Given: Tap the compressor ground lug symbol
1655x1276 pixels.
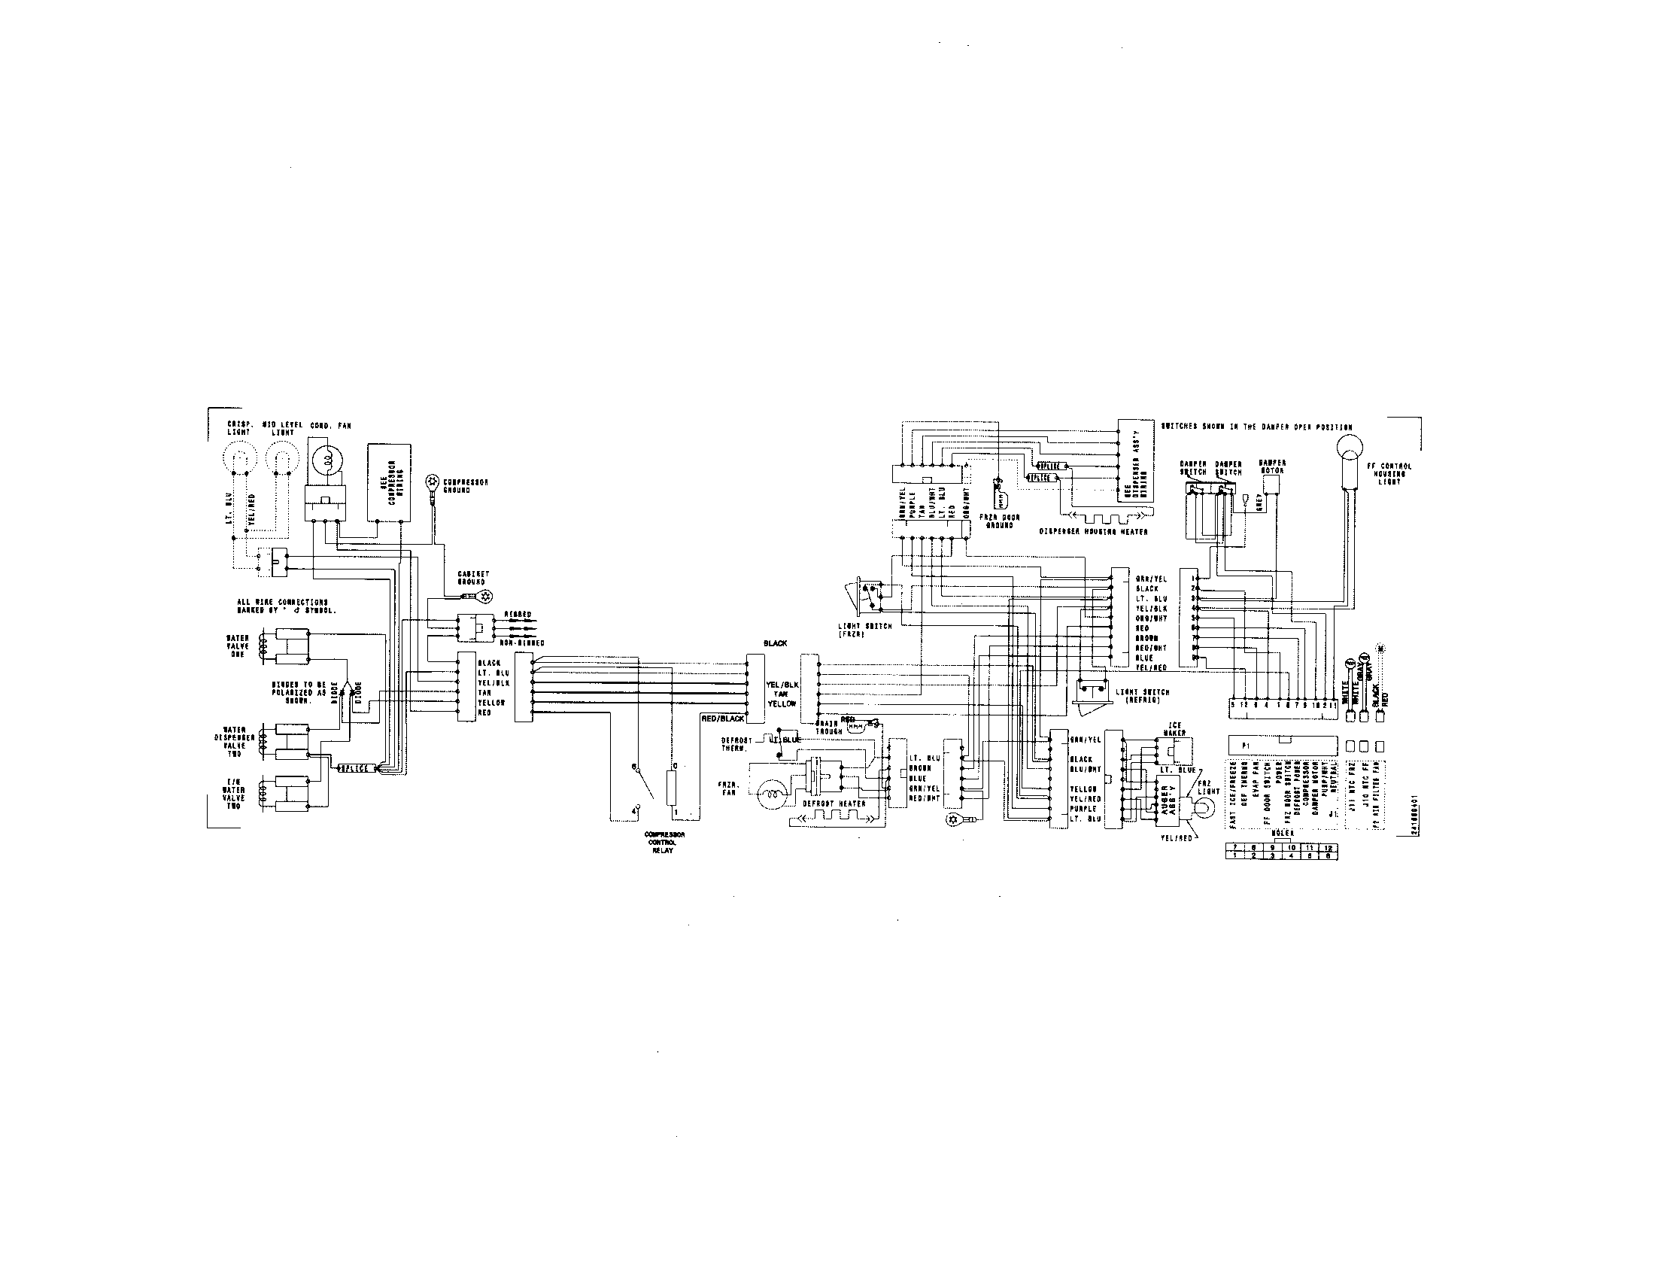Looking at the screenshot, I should click(x=433, y=481).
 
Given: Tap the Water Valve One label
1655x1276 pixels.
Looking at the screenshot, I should click(x=237, y=646).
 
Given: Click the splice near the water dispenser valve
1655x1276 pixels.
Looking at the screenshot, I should click(x=352, y=768).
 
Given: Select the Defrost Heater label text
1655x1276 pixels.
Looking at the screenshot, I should click(x=834, y=804).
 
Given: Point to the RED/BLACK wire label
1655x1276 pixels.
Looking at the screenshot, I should click(x=722, y=719).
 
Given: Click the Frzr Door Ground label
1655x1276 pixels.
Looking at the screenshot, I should click(x=1000, y=521).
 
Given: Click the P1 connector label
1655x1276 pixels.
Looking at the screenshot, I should click(x=1245, y=746).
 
